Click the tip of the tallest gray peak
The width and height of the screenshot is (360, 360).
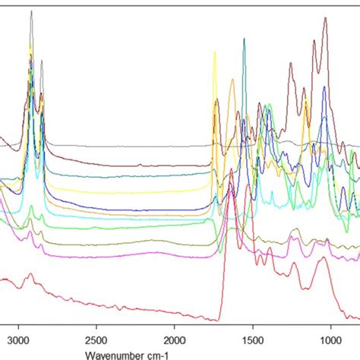coord(31,11)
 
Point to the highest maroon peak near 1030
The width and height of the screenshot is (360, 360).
coord(325,17)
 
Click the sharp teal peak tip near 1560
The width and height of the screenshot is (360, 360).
coord(244,39)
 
